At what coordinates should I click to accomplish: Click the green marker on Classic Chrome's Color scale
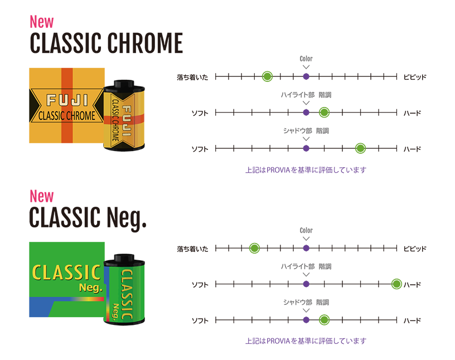267,76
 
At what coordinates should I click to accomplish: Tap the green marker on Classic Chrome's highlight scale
324,113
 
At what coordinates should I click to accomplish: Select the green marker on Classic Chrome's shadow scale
360,149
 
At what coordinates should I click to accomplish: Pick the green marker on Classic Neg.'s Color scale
254,249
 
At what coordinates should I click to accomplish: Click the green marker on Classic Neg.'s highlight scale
396,284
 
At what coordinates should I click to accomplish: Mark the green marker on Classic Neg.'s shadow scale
324,320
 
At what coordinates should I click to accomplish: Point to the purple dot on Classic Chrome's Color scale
306,76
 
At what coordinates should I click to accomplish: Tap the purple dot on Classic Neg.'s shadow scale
306,320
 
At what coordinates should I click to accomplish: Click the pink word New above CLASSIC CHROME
42,22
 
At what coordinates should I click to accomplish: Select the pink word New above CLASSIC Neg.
42,196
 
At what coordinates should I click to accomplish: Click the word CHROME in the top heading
146,43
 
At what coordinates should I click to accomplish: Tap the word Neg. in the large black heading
127,218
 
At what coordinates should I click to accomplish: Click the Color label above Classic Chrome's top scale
306,59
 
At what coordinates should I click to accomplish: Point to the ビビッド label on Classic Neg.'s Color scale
415,249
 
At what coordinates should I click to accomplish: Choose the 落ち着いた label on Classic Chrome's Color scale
193,77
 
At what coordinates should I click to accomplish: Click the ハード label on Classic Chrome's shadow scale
413,149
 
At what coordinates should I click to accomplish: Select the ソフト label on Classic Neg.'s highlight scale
200,285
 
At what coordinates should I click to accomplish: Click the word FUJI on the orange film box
67,100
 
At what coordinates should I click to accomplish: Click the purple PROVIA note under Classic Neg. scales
306,341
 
